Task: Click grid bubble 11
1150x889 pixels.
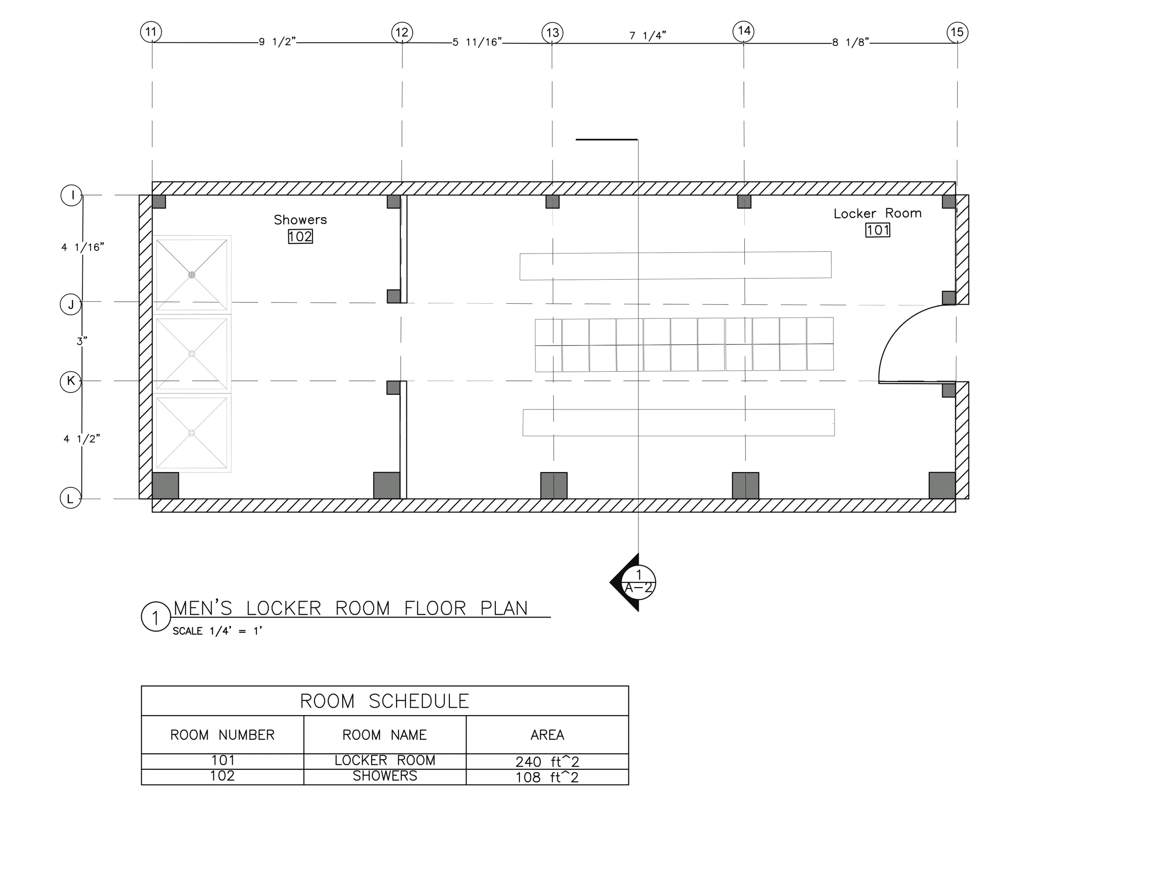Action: (x=151, y=32)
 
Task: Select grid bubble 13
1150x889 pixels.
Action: (x=552, y=33)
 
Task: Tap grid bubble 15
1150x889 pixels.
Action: (x=957, y=32)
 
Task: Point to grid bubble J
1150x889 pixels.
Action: (x=70, y=305)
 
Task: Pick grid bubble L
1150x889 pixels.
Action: (x=70, y=498)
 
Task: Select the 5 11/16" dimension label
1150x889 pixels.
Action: (x=477, y=42)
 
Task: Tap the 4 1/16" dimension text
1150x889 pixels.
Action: (x=83, y=247)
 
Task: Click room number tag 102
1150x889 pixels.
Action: (x=300, y=237)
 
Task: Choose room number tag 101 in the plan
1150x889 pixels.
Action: (x=878, y=230)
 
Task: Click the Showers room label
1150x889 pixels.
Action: (x=300, y=219)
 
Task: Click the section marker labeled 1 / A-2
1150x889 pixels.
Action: (x=638, y=582)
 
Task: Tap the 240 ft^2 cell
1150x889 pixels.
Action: (x=547, y=762)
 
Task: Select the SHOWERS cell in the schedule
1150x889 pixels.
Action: (x=385, y=776)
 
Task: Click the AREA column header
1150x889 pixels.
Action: (x=547, y=735)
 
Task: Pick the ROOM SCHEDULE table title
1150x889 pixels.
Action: (x=385, y=701)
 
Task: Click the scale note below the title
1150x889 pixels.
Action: (x=218, y=631)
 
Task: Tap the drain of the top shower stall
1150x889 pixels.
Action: (x=192, y=275)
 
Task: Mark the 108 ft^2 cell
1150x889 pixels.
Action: (x=547, y=777)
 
